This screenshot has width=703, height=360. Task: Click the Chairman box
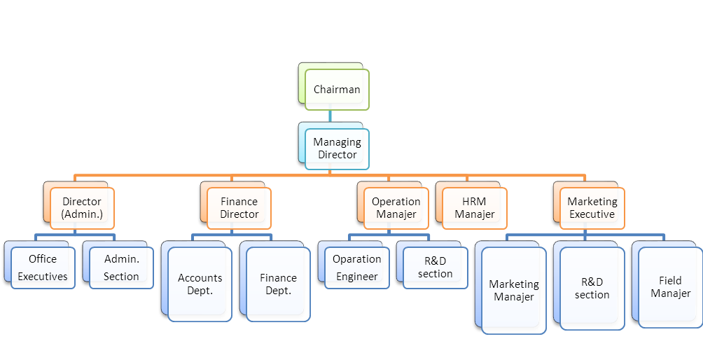click(x=337, y=89)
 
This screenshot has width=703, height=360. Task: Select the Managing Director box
click(x=337, y=148)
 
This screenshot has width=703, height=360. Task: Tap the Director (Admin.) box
click(x=82, y=208)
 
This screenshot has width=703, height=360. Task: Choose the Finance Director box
click(x=239, y=208)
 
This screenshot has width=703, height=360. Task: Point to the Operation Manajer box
click(x=396, y=208)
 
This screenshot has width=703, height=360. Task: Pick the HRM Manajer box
click(x=474, y=208)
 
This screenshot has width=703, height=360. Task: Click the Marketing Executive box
click(x=592, y=208)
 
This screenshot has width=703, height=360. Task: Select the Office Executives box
click(x=43, y=268)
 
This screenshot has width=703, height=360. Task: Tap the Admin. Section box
click(x=121, y=268)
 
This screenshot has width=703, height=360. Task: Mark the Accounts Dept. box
click(x=200, y=284)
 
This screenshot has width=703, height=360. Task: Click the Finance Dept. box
click(x=278, y=284)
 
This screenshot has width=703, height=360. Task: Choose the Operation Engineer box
click(x=357, y=268)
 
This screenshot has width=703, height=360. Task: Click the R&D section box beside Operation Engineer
click(x=436, y=268)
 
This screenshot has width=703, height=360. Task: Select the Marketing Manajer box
click(x=514, y=290)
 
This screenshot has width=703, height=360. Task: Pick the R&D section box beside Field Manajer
click(x=592, y=288)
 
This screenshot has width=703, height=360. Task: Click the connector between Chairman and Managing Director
click(x=329, y=116)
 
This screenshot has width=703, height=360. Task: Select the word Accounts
click(x=200, y=278)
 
